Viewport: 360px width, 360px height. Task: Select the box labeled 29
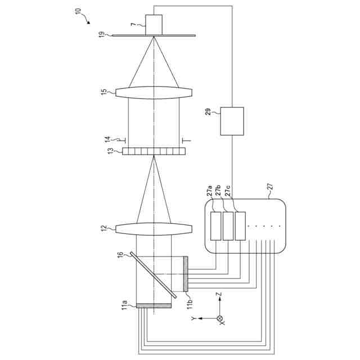232,121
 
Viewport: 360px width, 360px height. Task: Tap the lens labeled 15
154,92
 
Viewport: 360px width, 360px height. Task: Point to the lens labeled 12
154,228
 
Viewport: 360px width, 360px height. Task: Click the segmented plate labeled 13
154,151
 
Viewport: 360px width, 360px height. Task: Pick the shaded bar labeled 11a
154,306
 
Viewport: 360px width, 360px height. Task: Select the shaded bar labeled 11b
186,273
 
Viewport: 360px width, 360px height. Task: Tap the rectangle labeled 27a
216,226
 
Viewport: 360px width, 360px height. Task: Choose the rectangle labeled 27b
228,226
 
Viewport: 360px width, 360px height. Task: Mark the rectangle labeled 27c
241,226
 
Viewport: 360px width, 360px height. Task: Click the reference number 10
78,11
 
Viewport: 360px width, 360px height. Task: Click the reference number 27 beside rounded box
269,190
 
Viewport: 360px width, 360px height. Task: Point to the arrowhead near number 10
88,23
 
